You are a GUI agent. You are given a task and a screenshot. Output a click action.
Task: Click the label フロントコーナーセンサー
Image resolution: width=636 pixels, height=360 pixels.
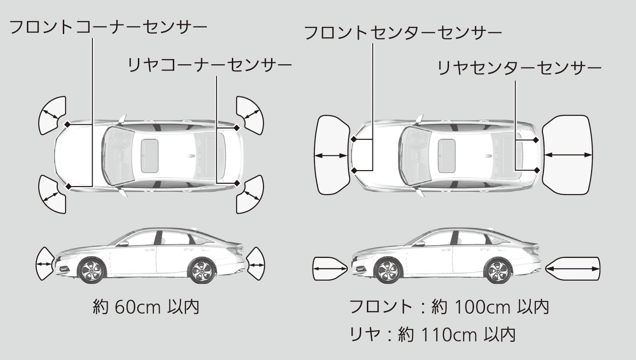point(108,27)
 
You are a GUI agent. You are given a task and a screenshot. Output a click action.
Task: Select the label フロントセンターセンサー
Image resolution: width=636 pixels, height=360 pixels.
point(403,33)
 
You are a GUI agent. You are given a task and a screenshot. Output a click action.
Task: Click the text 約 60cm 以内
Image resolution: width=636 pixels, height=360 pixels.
point(145,308)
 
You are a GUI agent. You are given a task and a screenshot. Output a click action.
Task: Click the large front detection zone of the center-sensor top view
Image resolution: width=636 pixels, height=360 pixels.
point(331,154)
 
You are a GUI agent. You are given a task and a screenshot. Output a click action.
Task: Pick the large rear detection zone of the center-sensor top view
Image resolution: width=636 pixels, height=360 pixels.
point(567,154)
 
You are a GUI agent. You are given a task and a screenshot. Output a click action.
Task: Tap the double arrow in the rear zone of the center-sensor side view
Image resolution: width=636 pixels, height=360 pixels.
point(573,269)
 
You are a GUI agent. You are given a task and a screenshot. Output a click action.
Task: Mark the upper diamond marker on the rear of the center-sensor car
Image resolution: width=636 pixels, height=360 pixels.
point(536,140)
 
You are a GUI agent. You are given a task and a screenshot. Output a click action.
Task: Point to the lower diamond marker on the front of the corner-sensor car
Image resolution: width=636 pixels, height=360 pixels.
point(68,186)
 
